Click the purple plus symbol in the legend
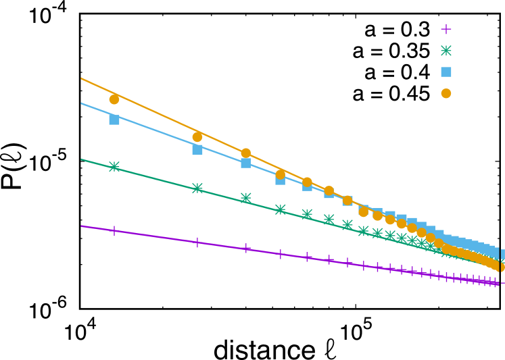(446, 29)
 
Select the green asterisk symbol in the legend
(446, 51)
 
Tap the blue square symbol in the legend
(446, 72)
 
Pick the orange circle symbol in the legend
(446, 93)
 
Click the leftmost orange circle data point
(114, 99)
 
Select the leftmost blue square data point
(114, 120)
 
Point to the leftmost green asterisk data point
(114, 167)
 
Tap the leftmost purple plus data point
(114, 231)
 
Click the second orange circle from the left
(197, 137)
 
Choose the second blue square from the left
(197, 150)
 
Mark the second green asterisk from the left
(197, 188)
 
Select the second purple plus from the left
(197, 242)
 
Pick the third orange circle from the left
(246, 153)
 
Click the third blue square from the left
(246, 163)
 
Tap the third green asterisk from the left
(246, 198)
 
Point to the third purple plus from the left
(246, 249)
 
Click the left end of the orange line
(82, 78)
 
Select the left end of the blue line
(82, 103)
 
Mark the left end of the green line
(82, 159)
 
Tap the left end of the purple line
(82, 226)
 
